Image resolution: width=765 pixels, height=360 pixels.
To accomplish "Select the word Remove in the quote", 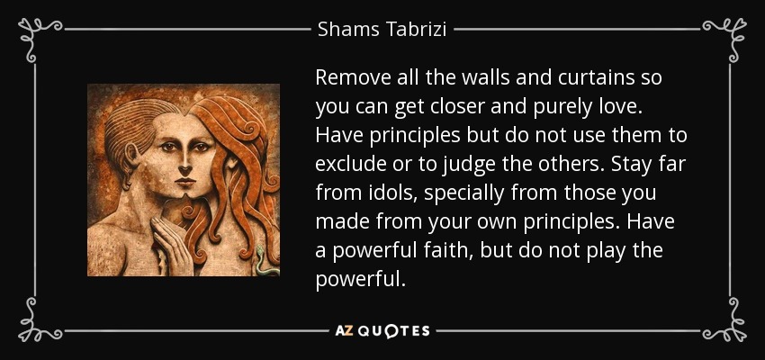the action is pyautogui.click(x=346, y=78).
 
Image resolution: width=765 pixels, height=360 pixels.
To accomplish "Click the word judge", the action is pyautogui.click(x=466, y=165).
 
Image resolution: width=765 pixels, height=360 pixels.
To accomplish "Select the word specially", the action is pyautogui.click(x=463, y=194).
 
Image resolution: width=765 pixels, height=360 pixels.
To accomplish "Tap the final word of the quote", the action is pyautogui.click(x=360, y=280).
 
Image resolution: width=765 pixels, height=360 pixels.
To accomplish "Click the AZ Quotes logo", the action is pyautogui.click(x=382, y=331).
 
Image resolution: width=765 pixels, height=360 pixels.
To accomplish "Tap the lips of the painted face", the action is pyautogui.click(x=185, y=183).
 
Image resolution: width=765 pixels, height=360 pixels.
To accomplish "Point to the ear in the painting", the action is pyautogui.click(x=130, y=156).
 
